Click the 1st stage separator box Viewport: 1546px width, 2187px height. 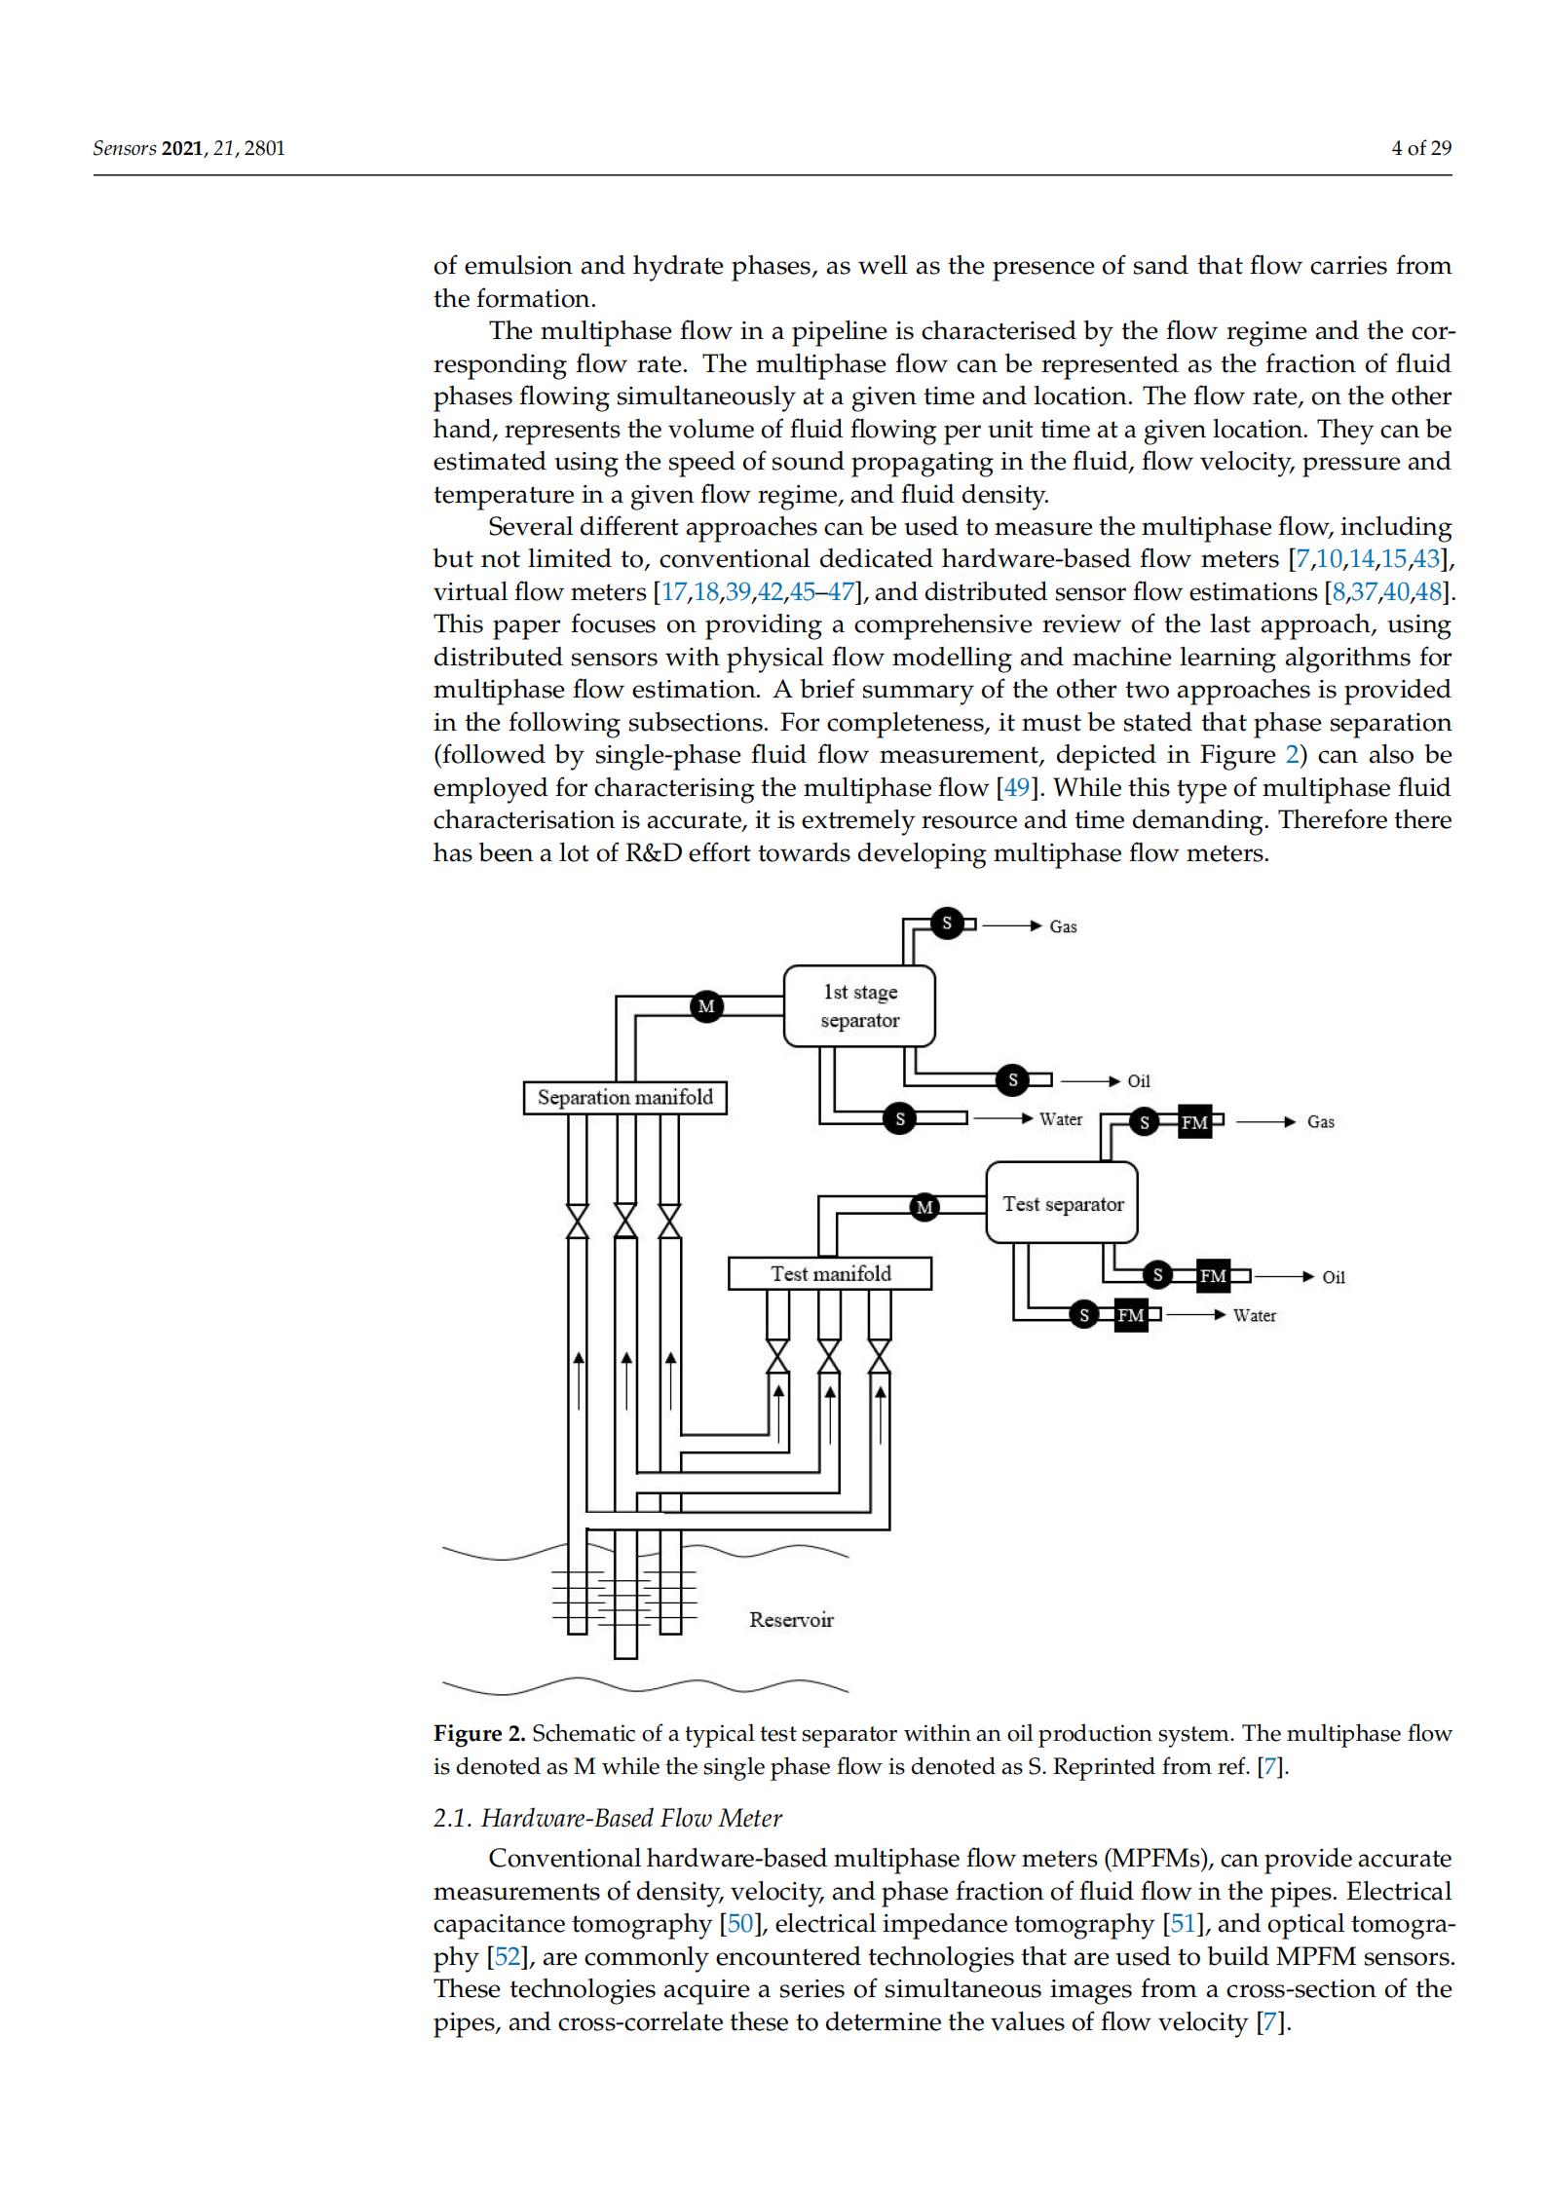(858, 1005)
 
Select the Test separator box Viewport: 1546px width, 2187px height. (1062, 1203)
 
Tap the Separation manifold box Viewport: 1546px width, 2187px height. (624, 1097)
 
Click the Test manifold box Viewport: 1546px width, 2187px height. (830, 1273)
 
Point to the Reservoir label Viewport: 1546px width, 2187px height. (791, 1619)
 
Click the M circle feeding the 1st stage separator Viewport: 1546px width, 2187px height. (706, 1005)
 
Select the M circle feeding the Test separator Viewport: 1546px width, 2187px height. (924, 1207)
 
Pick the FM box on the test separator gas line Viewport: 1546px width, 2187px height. (1194, 1122)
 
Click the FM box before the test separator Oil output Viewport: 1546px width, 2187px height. (1213, 1275)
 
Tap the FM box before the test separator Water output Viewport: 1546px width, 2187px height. (1130, 1315)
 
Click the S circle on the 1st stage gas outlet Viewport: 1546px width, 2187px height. (946, 923)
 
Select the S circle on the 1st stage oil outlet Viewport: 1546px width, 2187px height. (1012, 1079)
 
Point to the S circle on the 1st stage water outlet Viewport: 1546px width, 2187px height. (899, 1119)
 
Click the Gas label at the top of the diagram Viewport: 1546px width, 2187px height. (1063, 926)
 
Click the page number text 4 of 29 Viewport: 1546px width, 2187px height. (1421, 148)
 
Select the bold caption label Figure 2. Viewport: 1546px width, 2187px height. (479, 1733)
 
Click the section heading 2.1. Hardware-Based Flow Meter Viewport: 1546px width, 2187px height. (607, 1817)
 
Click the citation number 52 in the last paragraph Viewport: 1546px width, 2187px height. (507, 1956)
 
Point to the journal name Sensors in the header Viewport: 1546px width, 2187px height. (124, 148)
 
